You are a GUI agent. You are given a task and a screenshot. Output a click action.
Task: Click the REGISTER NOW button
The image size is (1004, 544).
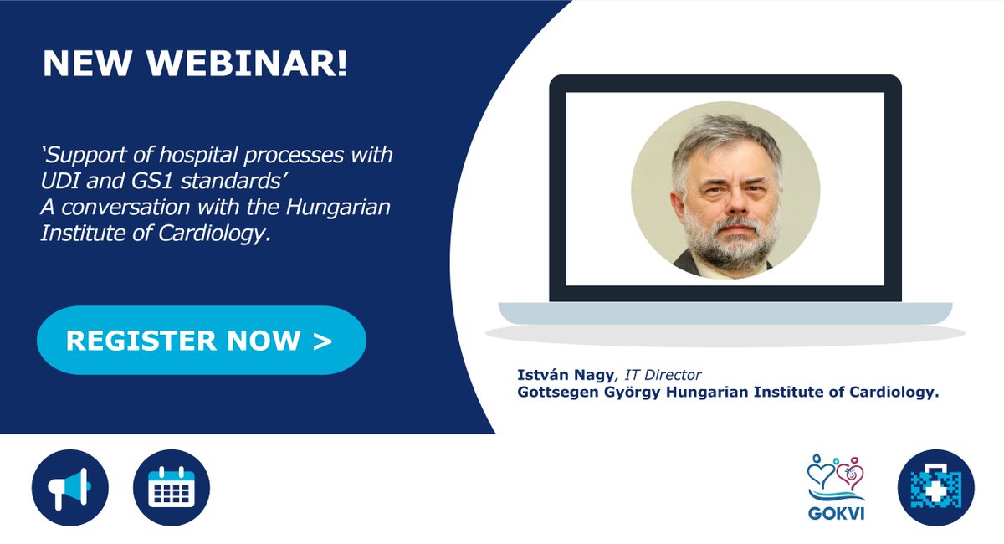pos(201,341)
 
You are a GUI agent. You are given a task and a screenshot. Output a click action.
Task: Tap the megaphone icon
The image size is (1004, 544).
pos(70,488)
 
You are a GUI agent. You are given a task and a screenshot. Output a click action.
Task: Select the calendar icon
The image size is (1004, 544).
pos(172,488)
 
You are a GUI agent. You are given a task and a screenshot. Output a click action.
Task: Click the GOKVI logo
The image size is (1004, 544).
pos(836,487)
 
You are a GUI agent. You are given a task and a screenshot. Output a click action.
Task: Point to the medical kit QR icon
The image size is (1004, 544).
pos(935,488)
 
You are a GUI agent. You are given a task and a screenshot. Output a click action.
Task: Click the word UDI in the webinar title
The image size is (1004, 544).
pos(59,181)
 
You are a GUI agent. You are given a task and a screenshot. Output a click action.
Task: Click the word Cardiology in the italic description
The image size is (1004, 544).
pos(222,234)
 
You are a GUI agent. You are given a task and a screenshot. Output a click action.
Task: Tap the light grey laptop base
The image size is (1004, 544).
pos(725,313)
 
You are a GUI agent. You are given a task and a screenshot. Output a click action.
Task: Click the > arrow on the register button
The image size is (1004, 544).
pos(323,341)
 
